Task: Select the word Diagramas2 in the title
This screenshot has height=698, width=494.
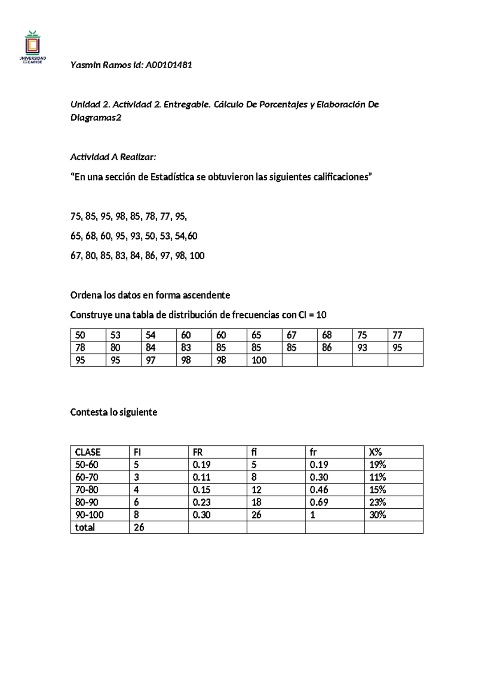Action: (x=96, y=118)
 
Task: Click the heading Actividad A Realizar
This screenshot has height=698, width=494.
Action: (x=113, y=157)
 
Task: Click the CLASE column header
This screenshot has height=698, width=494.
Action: (x=88, y=452)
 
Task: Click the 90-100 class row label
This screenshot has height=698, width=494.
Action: (x=89, y=515)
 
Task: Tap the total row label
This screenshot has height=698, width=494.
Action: (x=85, y=528)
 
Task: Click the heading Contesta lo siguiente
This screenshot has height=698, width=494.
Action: (x=114, y=412)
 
